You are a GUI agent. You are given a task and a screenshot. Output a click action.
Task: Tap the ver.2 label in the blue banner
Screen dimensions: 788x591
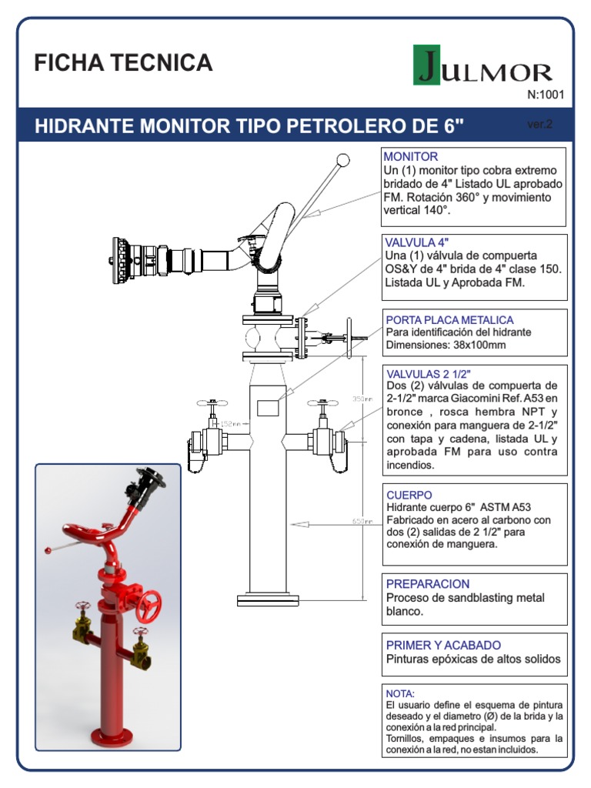click(540, 124)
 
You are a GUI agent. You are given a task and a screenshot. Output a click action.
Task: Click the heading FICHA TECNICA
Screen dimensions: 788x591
click(123, 63)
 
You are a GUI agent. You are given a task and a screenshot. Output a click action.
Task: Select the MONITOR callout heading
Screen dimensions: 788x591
click(410, 157)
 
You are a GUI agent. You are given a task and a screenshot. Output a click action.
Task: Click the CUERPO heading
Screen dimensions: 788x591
click(409, 495)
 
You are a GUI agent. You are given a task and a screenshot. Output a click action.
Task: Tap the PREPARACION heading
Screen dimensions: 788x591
click(427, 584)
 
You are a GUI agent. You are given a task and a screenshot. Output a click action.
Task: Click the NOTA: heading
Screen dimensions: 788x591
click(399, 693)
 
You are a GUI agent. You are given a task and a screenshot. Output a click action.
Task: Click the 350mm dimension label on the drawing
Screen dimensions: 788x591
click(362, 399)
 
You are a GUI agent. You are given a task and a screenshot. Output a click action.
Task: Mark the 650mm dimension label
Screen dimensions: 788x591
click(362, 522)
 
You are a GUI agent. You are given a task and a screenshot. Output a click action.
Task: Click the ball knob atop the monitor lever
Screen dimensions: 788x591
click(341, 160)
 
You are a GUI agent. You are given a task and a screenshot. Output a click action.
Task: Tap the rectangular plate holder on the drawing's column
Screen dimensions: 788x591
click(267, 408)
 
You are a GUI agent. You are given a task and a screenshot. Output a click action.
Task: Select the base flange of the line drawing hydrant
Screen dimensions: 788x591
click(267, 599)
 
